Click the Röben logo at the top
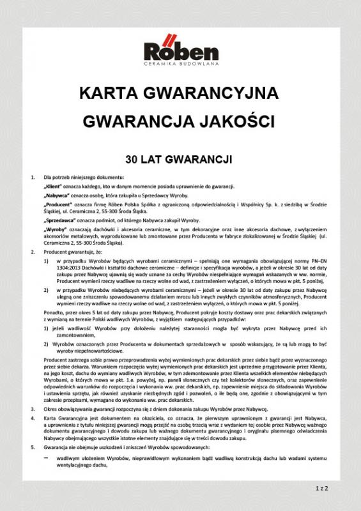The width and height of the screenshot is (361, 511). [x=181, y=50]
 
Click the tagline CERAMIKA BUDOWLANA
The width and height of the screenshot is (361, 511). [x=181, y=64]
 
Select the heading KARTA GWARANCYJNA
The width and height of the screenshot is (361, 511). [x=180, y=93]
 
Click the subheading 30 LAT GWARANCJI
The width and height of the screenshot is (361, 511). [x=180, y=157]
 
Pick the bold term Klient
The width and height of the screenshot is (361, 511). [x=54, y=185]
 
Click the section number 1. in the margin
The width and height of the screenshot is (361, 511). [x=33, y=176]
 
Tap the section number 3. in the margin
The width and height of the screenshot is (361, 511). [x=33, y=408]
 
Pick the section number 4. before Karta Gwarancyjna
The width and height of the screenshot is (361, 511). [x=33, y=417]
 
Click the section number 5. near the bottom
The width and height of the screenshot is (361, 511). [x=33, y=447]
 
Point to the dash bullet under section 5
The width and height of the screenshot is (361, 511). [x=45, y=457]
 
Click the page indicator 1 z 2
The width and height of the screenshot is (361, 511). [x=321, y=489]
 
